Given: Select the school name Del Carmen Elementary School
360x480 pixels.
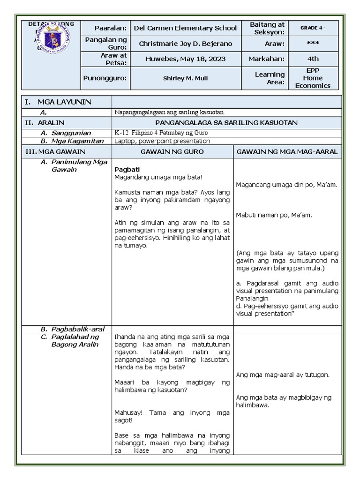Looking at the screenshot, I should (185, 28).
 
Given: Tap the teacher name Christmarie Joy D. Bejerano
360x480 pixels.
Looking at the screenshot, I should (185, 44).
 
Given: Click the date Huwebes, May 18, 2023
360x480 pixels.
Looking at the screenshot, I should (185, 59).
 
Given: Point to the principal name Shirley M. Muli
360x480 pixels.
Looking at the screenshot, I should (185, 78).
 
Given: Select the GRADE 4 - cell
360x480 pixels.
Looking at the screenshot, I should (313, 28).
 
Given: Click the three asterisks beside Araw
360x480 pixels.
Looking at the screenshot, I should (313, 44).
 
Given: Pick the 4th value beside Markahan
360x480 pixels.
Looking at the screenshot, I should (313, 59).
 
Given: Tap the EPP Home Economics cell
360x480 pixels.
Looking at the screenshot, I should (313, 78).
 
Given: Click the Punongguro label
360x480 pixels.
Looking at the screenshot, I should (105, 78).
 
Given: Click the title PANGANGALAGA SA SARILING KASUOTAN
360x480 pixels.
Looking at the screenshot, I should (227, 122).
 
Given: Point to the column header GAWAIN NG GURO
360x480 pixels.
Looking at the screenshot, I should (172, 151).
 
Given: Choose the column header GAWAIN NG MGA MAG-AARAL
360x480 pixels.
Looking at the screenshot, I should (287, 151).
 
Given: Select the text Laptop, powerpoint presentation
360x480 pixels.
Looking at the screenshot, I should (162, 141).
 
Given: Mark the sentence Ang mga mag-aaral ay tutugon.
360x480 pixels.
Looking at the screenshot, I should (283, 375).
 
